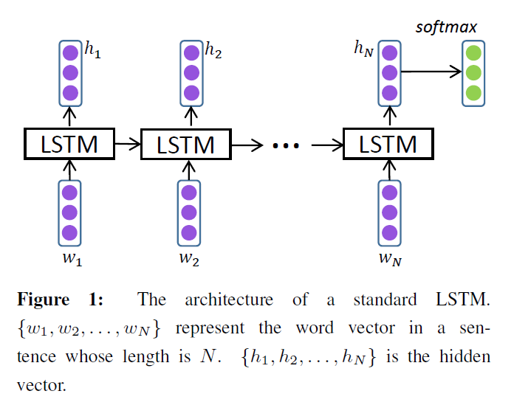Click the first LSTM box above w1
click(x=70, y=145)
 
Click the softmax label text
click(x=446, y=27)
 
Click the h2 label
click(x=213, y=51)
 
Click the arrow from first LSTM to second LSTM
click(x=128, y=145)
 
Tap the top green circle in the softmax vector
click(x=473, y=53)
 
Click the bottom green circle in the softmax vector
click(x=473, y=93)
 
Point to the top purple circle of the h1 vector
click(x=70, y=53)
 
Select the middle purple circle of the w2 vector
click(x=189, y=213)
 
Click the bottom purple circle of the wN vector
click(x=390, y=233)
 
